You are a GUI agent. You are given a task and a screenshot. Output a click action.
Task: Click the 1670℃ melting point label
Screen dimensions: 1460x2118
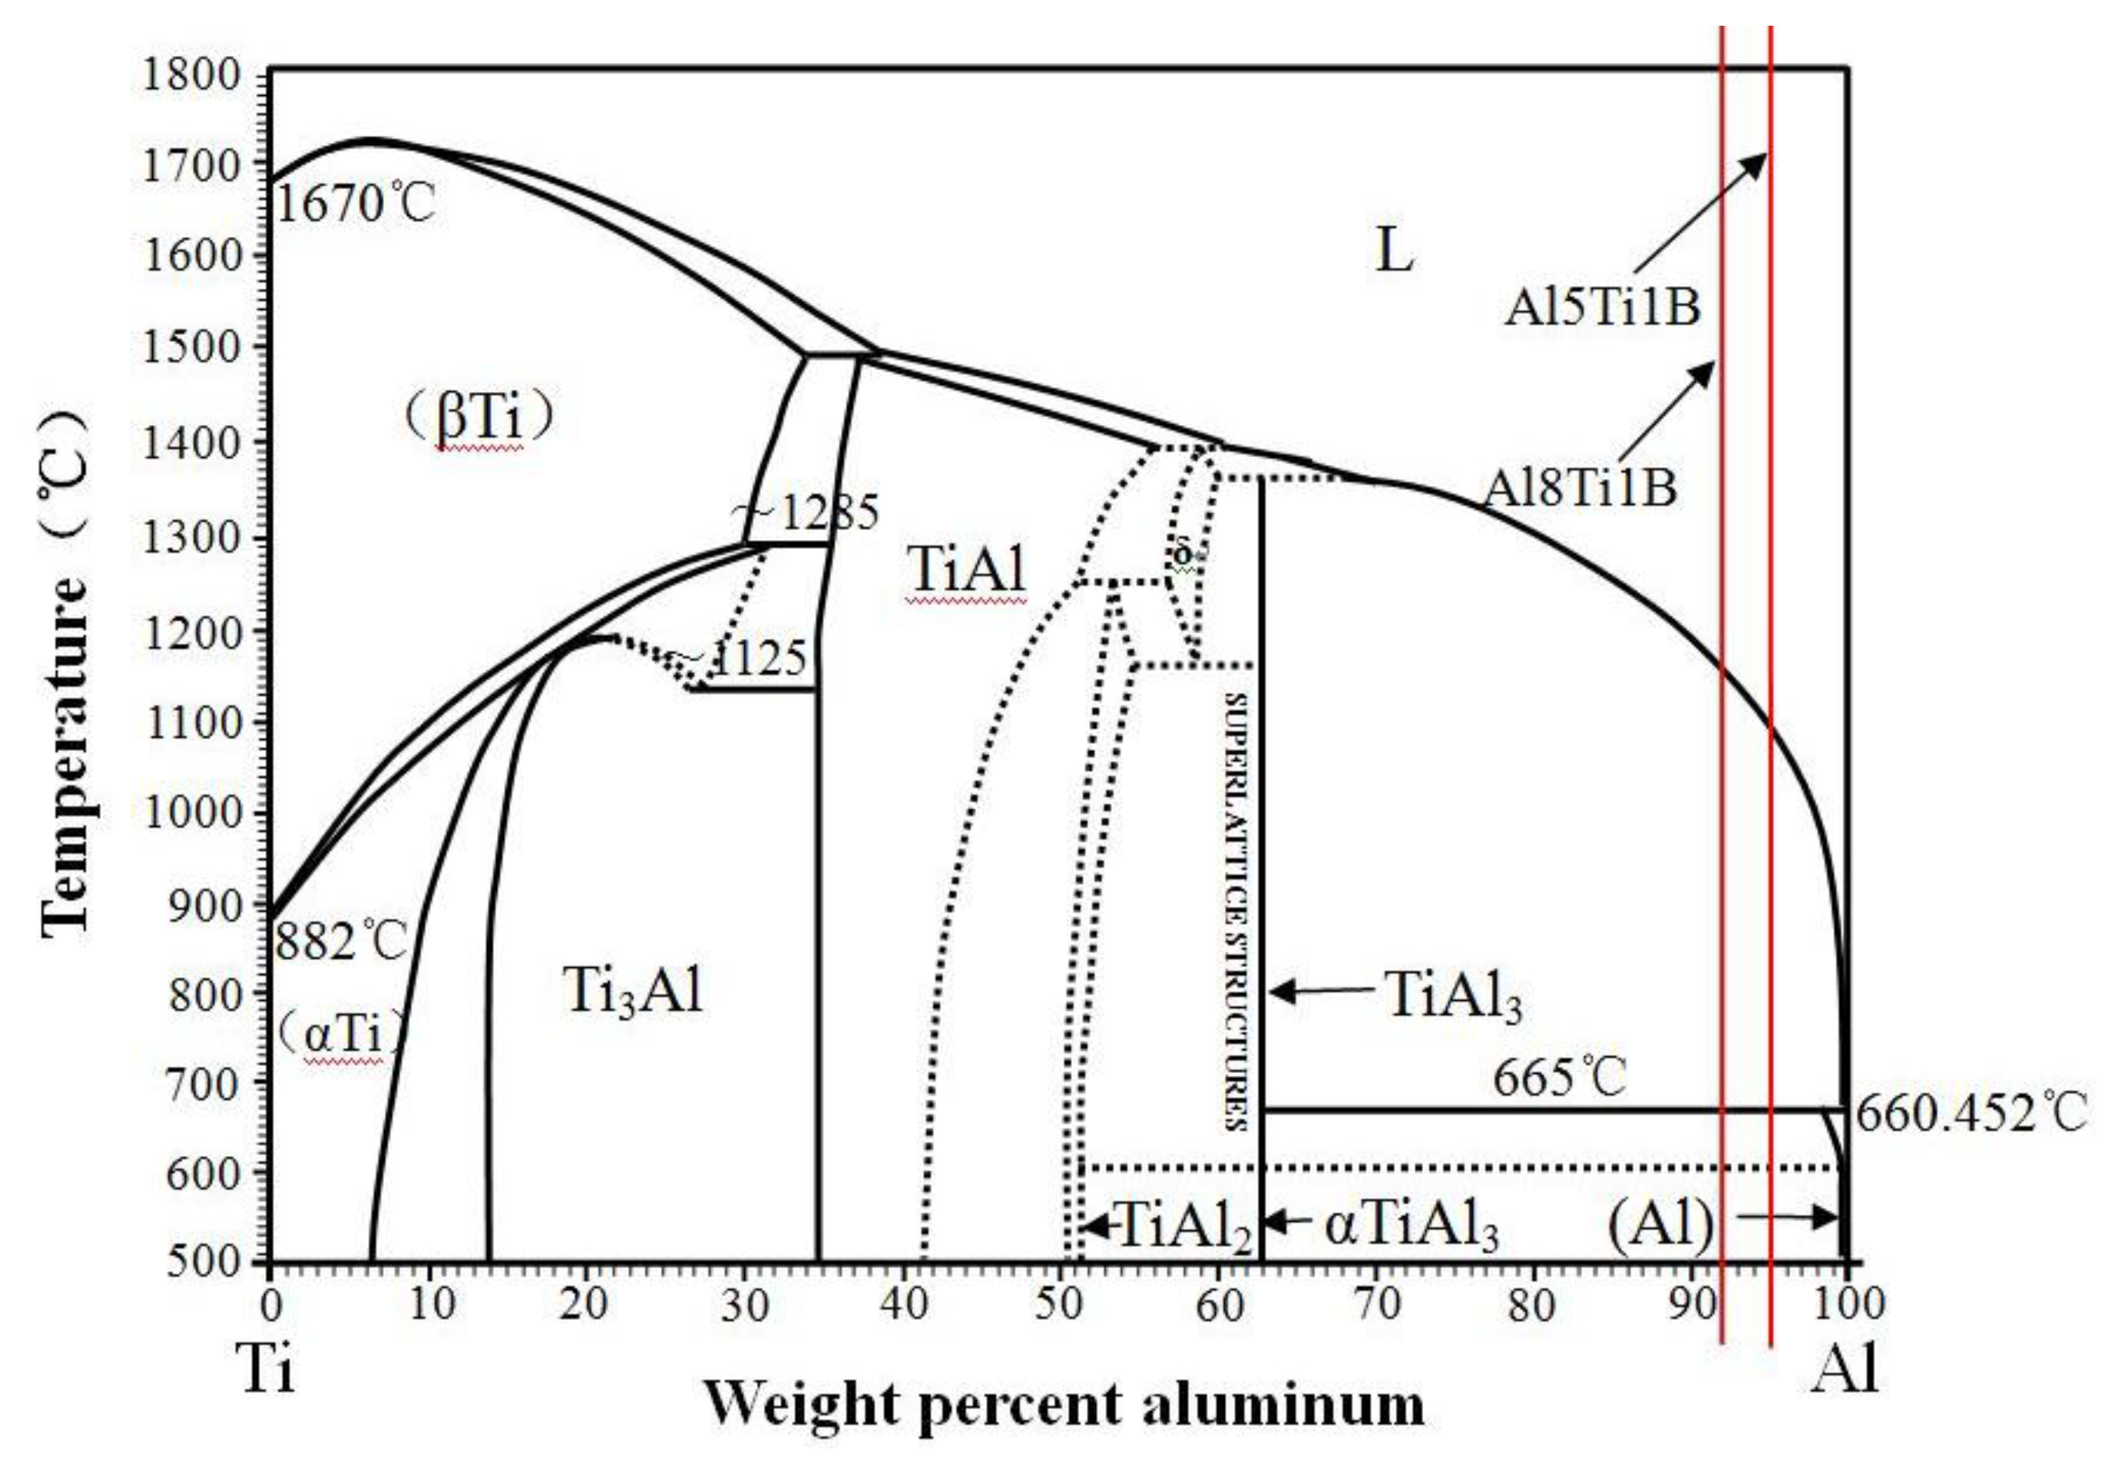tap(355, 203)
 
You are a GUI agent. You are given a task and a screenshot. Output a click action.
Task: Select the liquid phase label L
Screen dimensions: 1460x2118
tap(1394, 250)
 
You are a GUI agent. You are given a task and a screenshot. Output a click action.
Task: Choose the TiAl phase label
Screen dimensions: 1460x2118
tap(967, 569)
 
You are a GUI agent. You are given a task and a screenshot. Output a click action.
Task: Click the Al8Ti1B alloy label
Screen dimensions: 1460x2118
tap(1580, 488)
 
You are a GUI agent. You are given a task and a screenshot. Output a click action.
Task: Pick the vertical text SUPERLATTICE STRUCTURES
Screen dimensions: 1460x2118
tap(1236, 910)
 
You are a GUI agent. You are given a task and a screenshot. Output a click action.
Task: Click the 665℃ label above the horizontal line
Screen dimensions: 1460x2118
tap(1560, 1077)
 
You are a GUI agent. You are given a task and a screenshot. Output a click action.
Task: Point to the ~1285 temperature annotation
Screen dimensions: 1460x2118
tap(807, 512)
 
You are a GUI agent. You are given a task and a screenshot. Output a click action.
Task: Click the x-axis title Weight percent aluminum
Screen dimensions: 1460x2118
tap(1063, 1404)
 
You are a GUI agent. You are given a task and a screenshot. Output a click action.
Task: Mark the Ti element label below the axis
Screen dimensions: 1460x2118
tap(267, 1369)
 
